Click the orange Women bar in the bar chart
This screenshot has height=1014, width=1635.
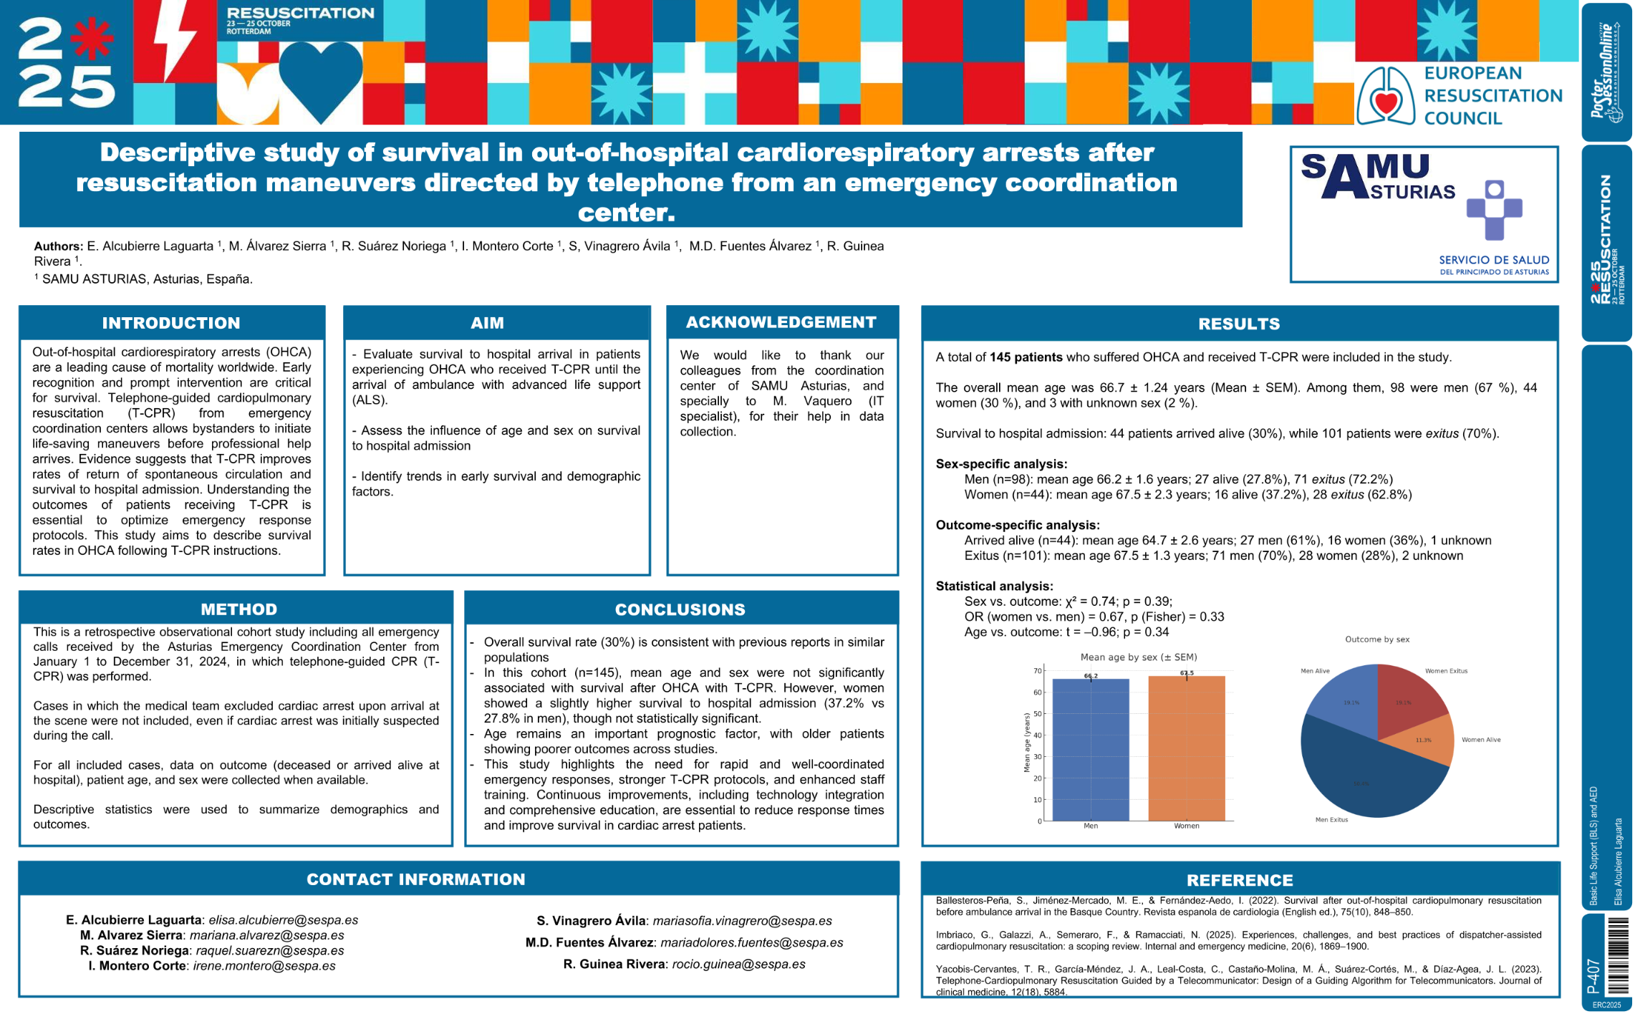tap(1186, 748)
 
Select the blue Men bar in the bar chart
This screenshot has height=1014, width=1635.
tap(1090, 749)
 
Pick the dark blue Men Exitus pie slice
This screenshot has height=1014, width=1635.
tap(1361, 777)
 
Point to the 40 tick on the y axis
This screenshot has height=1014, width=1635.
tap(1038, 735)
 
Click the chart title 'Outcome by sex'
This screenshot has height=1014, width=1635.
tap(1376, 639)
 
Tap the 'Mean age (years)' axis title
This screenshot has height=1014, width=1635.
tap(1027, 743)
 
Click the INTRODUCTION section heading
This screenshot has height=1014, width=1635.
tap(171, 323)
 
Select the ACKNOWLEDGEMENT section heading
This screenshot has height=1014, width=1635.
tap(781, 322)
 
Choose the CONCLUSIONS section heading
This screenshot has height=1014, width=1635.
tap(680, 609)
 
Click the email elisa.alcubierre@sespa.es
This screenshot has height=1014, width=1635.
tap(283, 920)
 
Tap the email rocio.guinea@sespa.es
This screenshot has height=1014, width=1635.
tap(738, 965)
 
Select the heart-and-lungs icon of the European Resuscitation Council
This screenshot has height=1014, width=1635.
tap(1386, 96)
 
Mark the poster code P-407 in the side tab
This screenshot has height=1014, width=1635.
tap(1593, 976)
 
